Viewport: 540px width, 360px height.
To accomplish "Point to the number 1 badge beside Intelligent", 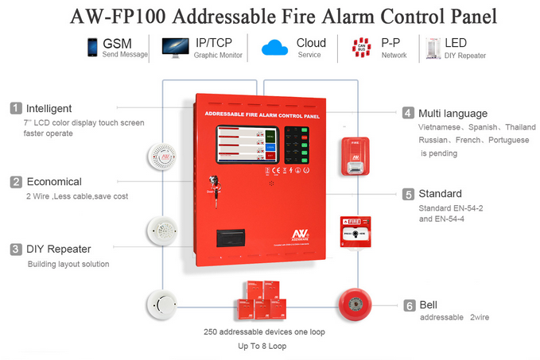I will click(x=15, y=108).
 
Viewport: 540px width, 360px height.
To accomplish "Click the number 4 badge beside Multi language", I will click(x=408, y=113).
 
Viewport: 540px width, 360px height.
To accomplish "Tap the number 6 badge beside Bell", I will click(x=408, y=305).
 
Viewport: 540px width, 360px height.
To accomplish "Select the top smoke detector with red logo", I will click(x=162, y=157).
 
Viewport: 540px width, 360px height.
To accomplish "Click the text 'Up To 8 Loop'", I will click(x=261, y=346).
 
